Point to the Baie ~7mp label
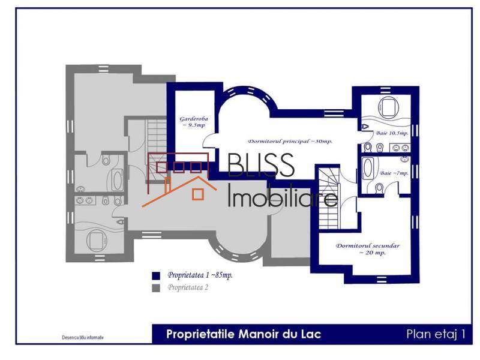(394, 173)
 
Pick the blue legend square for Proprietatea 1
(156, 275)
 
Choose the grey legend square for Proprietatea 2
(156, 288)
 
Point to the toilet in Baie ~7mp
(379, 189)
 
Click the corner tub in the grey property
(96, 239)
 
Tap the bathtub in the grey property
(117, 178)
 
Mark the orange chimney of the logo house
(170, 185)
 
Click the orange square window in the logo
(196, 194)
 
